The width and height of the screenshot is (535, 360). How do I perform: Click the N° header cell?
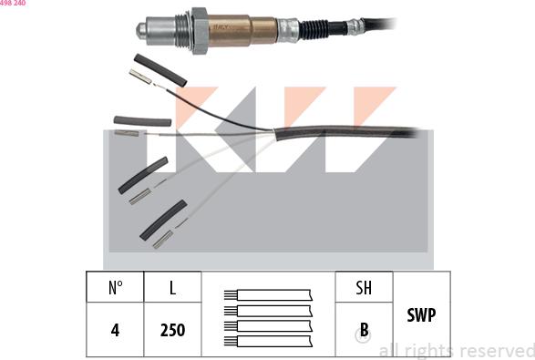coord(115,287)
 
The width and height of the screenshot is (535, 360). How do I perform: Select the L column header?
coord(172,287)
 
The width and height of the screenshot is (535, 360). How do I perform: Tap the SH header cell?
coord(364,287)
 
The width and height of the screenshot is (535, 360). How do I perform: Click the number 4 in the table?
coord(115,330)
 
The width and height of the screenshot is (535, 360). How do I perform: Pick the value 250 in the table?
coord(172,330)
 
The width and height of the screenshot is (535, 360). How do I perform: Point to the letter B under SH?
coord(364,330)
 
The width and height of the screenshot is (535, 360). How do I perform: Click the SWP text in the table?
coord(421,314)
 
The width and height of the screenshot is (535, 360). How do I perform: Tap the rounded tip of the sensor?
coord(141,30)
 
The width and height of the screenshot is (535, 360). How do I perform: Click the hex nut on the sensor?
coord(200,31)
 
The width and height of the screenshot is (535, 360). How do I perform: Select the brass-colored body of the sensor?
coord(242,30)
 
